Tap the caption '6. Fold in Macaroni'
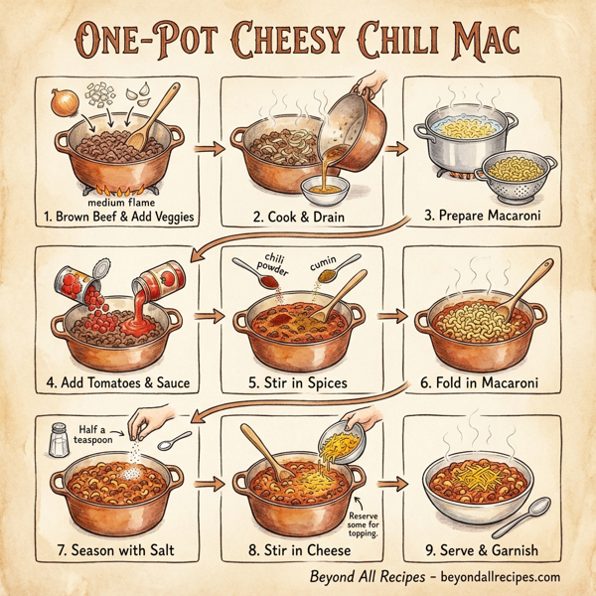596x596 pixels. [x=481, y=382]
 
